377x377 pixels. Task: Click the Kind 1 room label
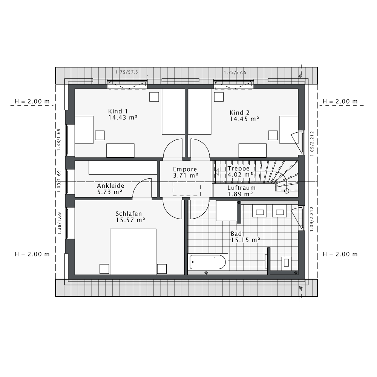[x=118, y=111]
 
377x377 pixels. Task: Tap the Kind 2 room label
[x=240, y=113]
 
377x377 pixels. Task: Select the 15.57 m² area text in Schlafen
[x=130, y=220]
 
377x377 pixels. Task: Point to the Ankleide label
[x=110, y=186]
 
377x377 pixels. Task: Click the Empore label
[x=185, y=169]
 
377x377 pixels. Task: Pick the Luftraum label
[x=241, y=188]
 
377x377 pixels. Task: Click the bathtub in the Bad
[x=208, y=262]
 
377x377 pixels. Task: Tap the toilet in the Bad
[x=287, y=263]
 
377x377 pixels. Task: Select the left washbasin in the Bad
[x=260, y=212]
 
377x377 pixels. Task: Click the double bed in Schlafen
[x=133, y=251]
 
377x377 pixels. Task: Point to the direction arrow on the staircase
[x=218, y=173]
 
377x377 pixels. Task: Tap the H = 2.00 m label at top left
[x=32, y=101]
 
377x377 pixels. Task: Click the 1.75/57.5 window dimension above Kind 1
[x=127, y=72]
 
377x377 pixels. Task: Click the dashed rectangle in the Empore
[x=187, y=188]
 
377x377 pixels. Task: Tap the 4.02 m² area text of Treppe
[x=240, y=175]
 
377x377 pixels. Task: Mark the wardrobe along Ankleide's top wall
[x=123, y=168]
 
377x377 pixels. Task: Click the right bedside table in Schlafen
[x=162, y=268]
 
